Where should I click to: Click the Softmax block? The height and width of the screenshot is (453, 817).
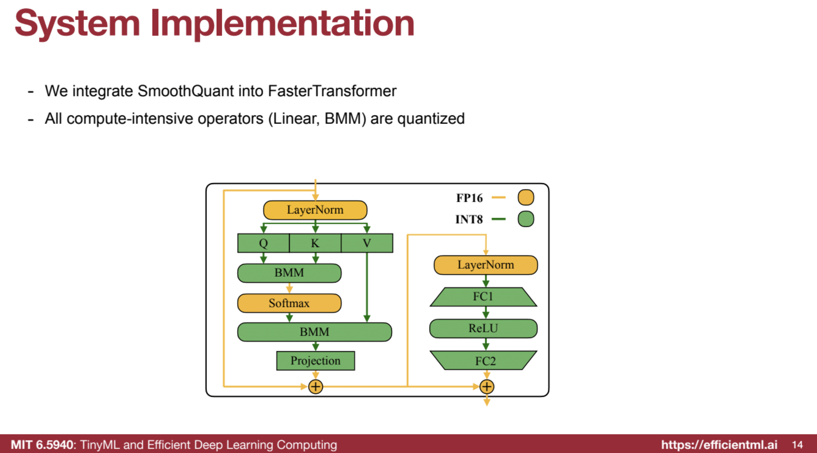[x=289, y=303]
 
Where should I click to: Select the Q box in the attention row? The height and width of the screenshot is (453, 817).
[x=263, y=243]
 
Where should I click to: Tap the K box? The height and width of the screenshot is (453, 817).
[x=315, y=243]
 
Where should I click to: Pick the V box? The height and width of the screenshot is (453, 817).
[x=367, y=243]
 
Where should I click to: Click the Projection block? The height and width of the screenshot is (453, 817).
[x=315, y=361]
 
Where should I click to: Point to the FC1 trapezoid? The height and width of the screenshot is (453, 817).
[x=483, y=297]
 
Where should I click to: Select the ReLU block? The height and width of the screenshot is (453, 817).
[x=483, y=328]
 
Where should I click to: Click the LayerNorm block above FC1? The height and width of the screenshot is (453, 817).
[x=485, y=265]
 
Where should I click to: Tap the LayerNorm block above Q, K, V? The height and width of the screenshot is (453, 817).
[x=315, y=210]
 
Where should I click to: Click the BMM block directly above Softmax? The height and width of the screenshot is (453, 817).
[x=289, y=273]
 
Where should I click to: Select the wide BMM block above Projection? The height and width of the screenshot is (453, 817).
[x=315, y=332]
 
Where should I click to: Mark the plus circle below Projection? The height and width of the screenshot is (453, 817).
[x=315, y=387]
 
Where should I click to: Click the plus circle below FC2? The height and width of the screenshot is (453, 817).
[x=487, y=387]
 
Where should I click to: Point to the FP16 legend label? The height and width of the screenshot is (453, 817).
[x=469, y=198]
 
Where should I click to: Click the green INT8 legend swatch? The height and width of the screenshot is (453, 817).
[x=526, y=219]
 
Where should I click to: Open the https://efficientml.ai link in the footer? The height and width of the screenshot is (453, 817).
[x=719, y=445]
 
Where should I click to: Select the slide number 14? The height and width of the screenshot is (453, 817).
[x=797, y=445]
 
